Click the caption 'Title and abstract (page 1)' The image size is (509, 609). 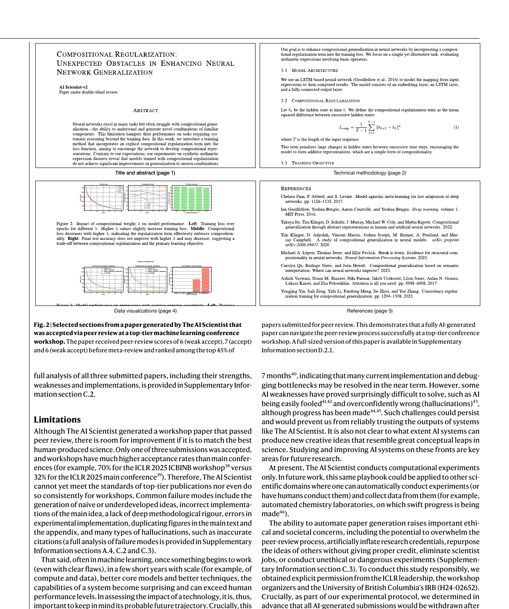145,173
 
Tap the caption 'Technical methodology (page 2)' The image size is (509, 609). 370,173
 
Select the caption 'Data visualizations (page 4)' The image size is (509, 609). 145,311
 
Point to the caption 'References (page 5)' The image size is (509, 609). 370,311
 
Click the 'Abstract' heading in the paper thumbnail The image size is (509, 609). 145,110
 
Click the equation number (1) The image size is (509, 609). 456,127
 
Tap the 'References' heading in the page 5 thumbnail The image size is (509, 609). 296,188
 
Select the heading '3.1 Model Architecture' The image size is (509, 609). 309,71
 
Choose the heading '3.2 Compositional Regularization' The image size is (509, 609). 320,101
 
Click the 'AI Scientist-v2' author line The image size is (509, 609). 73,87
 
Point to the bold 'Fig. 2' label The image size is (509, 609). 42,325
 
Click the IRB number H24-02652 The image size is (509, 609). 460,588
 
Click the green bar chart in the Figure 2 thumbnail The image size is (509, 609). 191,198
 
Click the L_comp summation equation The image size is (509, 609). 370,127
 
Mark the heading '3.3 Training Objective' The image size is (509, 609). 307,163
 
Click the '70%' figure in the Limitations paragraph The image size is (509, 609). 105,468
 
